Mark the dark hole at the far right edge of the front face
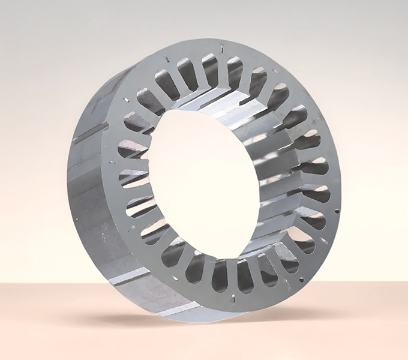point(337,211)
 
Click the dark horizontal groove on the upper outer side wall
point(90,133)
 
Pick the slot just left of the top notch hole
point(209,67)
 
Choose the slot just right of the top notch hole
point(233,70)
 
